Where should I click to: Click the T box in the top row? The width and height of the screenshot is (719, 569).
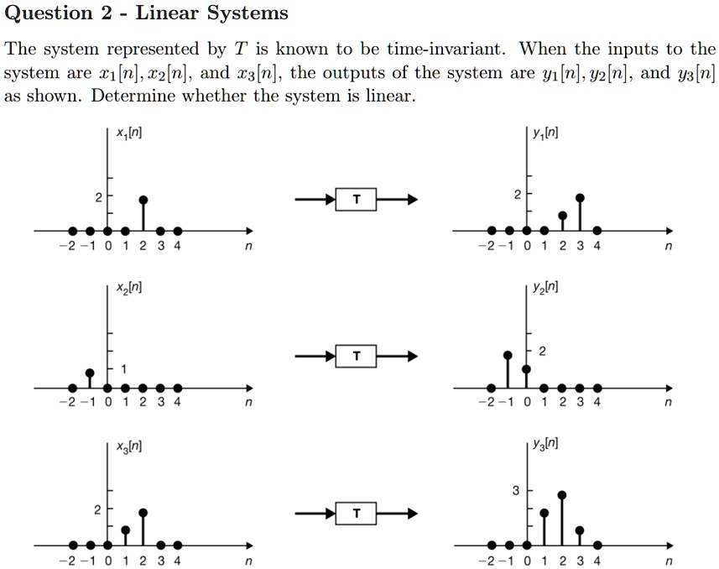pyautogui.click(x=357, y=200)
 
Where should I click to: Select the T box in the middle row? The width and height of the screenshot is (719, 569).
pyautogui.click(x=357, y=357)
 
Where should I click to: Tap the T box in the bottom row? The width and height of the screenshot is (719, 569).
pyautogui.click(x=357, y=514)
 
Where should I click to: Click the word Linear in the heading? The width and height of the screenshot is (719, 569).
pyautogui.click(x=167, y=13)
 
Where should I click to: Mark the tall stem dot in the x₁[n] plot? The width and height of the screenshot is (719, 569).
pyautogui.click(x=143, y=200)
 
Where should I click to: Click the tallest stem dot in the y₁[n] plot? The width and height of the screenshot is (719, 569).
pyautogui.click(x=580, y=198)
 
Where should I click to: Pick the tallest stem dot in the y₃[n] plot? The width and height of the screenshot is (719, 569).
pyautogui.click(x=561, y=495)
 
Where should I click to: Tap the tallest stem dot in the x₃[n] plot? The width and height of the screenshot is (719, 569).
pyautogui.click(x=143, y=512)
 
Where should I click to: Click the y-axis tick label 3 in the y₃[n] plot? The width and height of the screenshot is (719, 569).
pyautogui.click(x=516, y=490)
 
